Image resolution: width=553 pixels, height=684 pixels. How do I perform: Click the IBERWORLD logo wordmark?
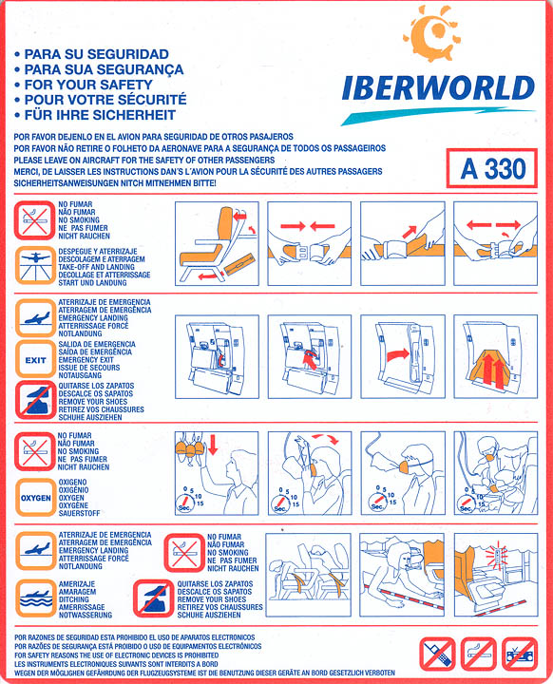click(438, 87)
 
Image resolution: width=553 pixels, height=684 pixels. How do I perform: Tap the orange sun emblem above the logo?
click(430, 33)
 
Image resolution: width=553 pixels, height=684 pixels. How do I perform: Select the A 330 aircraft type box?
click(492, 168)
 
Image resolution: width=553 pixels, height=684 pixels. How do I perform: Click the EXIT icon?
click(35, 359)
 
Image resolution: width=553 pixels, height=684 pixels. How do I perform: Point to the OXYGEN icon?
click(35, 497)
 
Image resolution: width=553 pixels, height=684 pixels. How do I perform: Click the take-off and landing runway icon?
click(35, 266)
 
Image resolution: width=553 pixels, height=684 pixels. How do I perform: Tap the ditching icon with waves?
click(35, 598)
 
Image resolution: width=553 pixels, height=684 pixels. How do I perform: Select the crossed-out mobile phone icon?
click(437, 654)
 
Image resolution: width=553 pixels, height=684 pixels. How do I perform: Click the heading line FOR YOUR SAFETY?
click(88, 85)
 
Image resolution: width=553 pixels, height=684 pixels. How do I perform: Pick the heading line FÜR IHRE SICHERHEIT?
click(100, 115)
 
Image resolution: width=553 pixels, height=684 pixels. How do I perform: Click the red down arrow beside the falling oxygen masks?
click(213, 444)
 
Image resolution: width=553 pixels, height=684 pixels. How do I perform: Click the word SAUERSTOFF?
click(80, 513)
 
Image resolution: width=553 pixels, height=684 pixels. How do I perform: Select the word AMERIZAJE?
click(77, 583)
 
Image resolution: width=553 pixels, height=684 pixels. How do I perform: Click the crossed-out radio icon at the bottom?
click(520, 654)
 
